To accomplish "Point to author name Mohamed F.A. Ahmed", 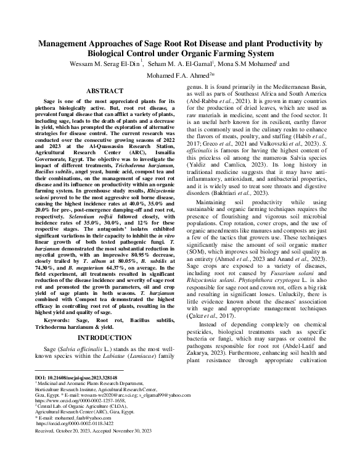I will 176,75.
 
